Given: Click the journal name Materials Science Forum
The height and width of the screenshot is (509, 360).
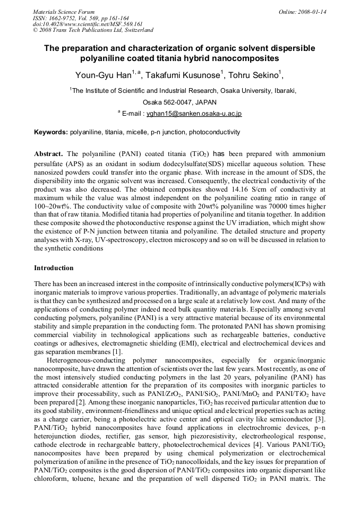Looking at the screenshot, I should [x=64, y=11].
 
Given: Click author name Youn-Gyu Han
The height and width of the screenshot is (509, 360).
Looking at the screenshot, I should [x=101, y=75].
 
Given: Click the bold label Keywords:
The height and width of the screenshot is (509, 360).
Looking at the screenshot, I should [x=51, y=132].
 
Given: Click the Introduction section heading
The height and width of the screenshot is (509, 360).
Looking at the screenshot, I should [x=54, y=268].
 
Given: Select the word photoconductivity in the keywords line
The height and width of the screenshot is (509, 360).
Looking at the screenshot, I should [x=214, y=132].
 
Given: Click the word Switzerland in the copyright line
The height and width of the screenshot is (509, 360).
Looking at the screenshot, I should [x=138, y=30].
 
